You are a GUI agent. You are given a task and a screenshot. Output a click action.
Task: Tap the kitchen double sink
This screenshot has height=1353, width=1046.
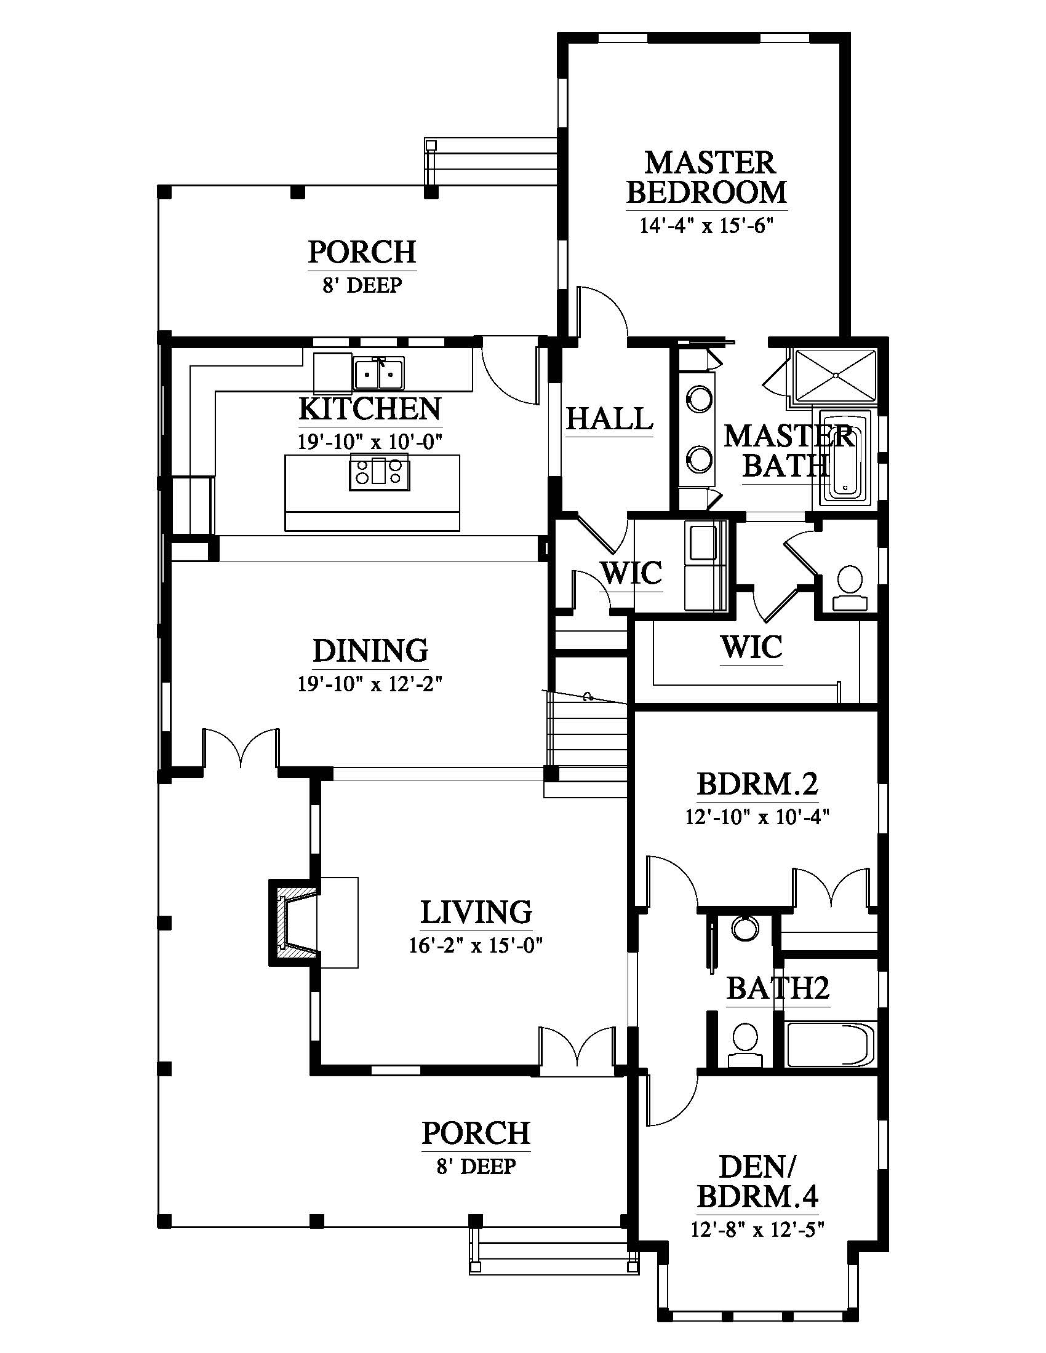(x=378, y=373)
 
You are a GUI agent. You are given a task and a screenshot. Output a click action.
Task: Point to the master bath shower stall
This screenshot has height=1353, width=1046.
(x=836, y=374)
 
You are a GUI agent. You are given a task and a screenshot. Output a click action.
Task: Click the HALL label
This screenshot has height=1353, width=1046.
(x=610, y=419)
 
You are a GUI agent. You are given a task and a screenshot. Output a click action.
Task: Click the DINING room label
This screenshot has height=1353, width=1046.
(x=370, y=651)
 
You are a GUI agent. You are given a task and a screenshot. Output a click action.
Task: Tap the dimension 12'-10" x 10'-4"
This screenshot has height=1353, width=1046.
(x=757, y=817)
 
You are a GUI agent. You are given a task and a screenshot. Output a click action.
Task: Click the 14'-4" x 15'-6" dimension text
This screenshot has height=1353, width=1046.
(x=707, y=225)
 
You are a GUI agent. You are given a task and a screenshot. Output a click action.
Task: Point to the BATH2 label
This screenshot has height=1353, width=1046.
(x=778, y=989)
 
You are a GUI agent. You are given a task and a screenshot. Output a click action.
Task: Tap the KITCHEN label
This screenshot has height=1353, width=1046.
(x=370, y=409)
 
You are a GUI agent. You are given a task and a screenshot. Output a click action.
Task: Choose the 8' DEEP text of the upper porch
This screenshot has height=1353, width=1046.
(x=362, y=285)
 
